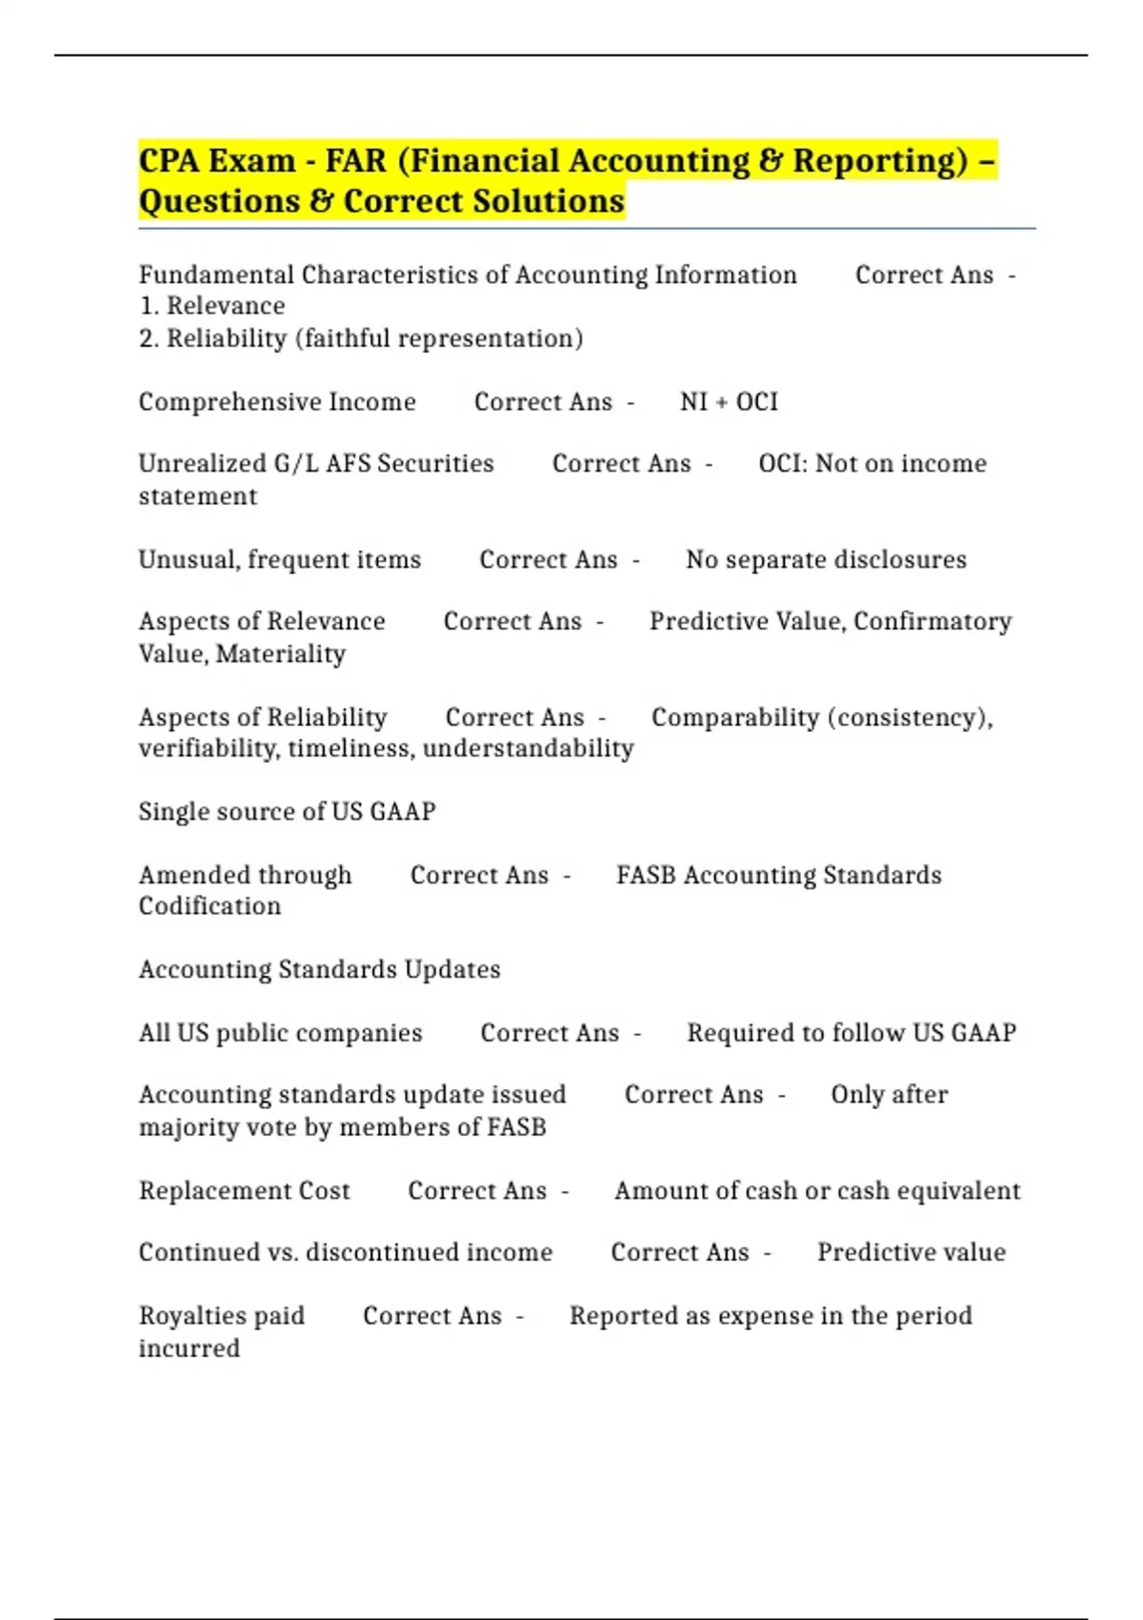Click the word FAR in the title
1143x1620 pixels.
pos(355,161)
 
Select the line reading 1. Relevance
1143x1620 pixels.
pos(211,306)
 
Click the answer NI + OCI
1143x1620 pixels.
pos(729,402)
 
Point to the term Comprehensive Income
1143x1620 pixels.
pos(277,402)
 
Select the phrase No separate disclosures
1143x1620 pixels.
pos(826,559)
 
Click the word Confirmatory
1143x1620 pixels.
pos(932,621)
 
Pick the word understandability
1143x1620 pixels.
pos(528,749)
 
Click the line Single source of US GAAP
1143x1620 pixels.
pos(287,812)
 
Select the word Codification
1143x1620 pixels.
pos(210,906)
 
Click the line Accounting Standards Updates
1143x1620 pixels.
pos(319,969)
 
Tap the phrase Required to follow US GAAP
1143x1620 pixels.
pos(852,1033)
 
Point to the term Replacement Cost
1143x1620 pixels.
pos(245,1191)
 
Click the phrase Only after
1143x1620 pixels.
pos(889,1095)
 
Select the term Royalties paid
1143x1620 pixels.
pos(222,1316)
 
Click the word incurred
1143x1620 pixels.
pos(190,1348)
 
